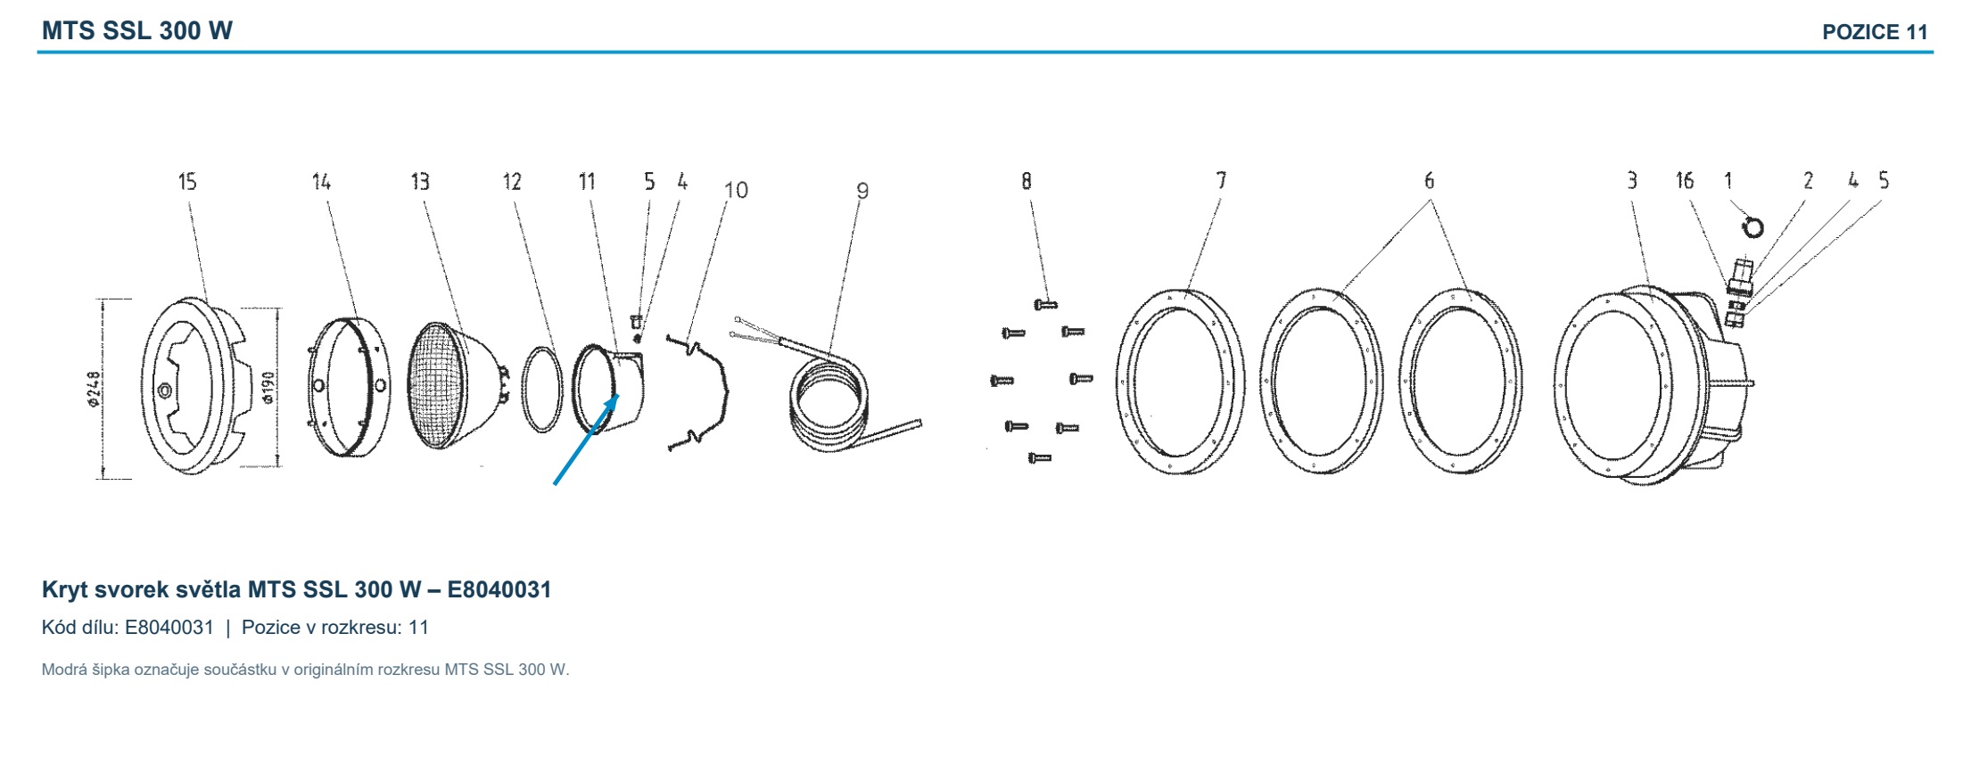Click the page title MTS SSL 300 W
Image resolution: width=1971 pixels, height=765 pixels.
pyautogui.click(x=137, y=31)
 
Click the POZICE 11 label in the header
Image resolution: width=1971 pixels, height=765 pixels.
pyautogui.click(x=1875, y=33)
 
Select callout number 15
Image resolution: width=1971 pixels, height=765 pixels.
pyautogui.click(x=187, y=182)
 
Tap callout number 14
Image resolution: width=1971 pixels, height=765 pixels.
pyautogui.click(x=321, y=182)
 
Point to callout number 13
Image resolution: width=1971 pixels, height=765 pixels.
pyautogui.click(x=420, y=182)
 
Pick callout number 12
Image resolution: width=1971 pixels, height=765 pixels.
pyautogui.click(x=512, y=182)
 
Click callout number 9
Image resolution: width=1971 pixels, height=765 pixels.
pyautogui.click(x=862, y=191)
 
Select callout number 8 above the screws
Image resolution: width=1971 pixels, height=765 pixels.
pyautogui.click(x=1027, y=181)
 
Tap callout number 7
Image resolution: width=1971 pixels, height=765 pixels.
pyautogui.click(x=1221, y=181)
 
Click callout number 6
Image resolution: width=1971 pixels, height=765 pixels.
pyautogui.click(x=1429, y=181)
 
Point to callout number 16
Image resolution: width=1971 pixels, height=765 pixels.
pyautogui.click(x=1684, y=181)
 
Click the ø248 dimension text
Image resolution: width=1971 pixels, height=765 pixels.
pyautogui.click(x=95, y=389)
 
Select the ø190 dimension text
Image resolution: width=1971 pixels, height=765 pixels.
pyautogui.click(x=268, y=387)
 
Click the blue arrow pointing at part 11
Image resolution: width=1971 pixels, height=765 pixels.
pyautogui.click(x=587, y=440)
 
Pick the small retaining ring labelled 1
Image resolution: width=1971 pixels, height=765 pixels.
pyautogui.click(x=1753, y=228)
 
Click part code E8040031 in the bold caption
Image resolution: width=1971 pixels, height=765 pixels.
pyautogui.click(x=499, y=590)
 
